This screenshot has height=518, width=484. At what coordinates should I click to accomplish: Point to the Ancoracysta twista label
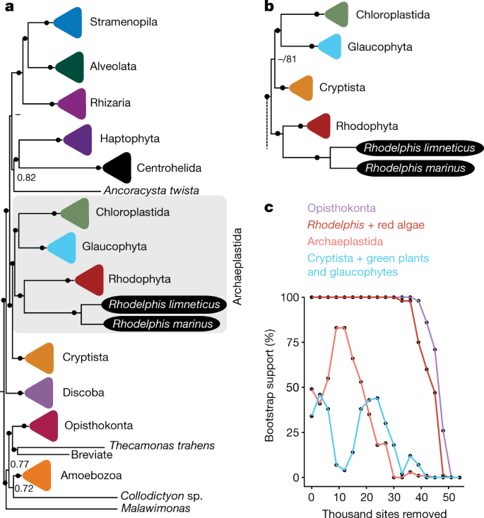click(x=150, y=190)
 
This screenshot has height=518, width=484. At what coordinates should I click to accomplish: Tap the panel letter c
click(x=268, y=208)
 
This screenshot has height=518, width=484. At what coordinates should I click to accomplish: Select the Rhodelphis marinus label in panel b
click(x=415, y=169)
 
